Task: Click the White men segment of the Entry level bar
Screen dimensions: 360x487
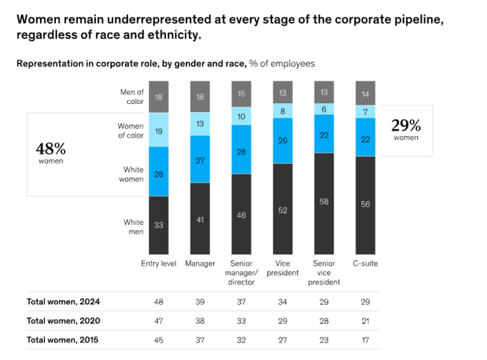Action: point(159,225)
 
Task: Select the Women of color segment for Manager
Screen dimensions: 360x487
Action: point(200,124)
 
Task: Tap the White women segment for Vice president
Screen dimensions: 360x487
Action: point(283,140)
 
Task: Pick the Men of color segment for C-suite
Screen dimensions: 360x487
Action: point(365,93)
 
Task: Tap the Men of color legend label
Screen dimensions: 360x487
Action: point(132,97)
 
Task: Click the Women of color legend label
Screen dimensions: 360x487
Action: point(131,131)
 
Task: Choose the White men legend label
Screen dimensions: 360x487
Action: point(133,227)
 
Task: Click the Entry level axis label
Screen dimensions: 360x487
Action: point(159,264)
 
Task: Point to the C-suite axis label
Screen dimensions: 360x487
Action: point(365,264)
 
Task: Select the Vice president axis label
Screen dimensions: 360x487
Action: point(283,268)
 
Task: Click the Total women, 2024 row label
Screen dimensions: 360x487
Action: point(63,302)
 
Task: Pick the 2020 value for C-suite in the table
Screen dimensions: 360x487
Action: point(365,321)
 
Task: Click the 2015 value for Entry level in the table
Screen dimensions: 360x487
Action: point(159,340)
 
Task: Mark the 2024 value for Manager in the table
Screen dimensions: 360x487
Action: point(200,302)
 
